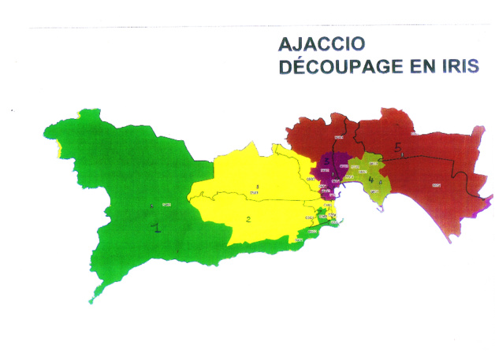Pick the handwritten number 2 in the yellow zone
tap(247, 219)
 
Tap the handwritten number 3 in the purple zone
tap(326, 161)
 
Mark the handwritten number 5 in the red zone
tap(398, 147)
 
